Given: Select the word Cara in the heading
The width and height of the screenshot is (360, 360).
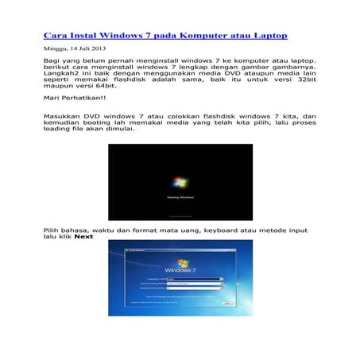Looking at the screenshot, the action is point(55,36).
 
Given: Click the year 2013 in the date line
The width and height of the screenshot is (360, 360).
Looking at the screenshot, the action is point(98,48).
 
